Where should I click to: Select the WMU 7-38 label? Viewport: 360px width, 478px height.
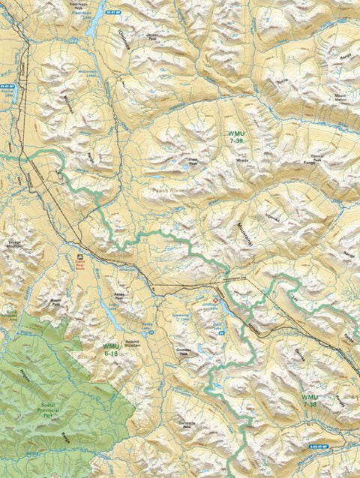pyautogui.click(x=310, y=400)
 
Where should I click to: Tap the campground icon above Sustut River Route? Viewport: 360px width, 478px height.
pyautogui.click(x=80, y=257)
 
